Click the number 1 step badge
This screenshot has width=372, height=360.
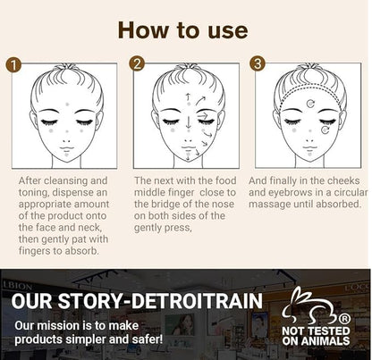pos(13,64)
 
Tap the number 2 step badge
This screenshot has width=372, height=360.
pos(137,63)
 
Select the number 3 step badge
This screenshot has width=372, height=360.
pos(258,63)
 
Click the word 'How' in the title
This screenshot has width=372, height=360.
pos(143,30)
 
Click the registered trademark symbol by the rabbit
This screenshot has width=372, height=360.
pos(344,319)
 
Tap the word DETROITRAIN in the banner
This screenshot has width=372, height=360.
pos(197,301)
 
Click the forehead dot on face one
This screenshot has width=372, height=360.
pos(67,105)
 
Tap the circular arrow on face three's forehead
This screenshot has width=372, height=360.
pos(310,104)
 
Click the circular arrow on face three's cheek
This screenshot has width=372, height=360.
pos(325,130)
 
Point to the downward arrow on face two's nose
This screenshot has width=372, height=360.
pos(189,121)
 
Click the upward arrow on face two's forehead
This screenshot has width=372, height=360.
pos(188,97)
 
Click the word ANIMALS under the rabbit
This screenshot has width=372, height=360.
pos(325,341)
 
